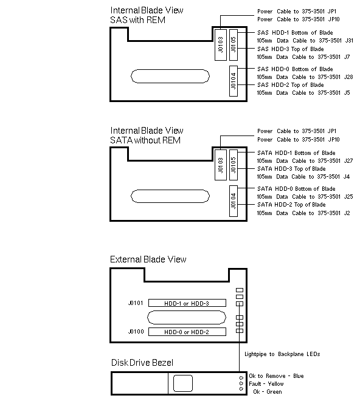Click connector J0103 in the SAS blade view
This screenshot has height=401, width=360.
pyautogui.click(x=221, y=45)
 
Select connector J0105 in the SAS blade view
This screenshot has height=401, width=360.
pyautogui.click(x=234, y=45)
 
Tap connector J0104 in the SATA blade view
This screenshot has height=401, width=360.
pyautogui.click(x=234, y=201)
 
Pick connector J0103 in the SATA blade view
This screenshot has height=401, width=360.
pyautogui.click(x=221, y=165)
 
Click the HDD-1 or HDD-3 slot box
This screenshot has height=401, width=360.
pyautogui.click(x=187, y=303)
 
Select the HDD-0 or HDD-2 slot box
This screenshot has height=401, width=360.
pyautogui.click(x=187, y=332)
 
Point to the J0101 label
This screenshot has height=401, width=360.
pyautogui.click(x=136, y=303)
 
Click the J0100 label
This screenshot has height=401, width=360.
pyautogui.click(x=136, y=332)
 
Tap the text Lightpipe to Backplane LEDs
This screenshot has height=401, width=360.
pyautogui.click(x=282, y=354)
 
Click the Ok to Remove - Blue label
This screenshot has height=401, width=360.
pyautogui.click(x=276, y=376)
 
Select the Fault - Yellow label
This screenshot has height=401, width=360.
pyautogui.click(x=266, y=384)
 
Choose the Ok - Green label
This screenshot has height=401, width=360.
pyautogui.click(x=268, y=392)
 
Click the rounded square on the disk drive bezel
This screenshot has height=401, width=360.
pyautogui.click(x=183, y=383)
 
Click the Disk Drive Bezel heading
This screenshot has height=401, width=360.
pyautogui.click(x=142, y=363)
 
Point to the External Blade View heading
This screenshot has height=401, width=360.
pyautogui.click(x=148, y=259)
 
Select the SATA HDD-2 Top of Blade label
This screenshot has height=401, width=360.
pyautogui.click(x=291, y=205)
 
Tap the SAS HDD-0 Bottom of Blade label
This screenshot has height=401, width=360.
pyautogui.click(x=295, y=69)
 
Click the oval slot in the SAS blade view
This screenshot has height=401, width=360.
pyautogui.click(x=170, y=76)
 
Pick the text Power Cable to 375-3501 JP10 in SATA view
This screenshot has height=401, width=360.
pyautogui.click(x=299, y=140)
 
